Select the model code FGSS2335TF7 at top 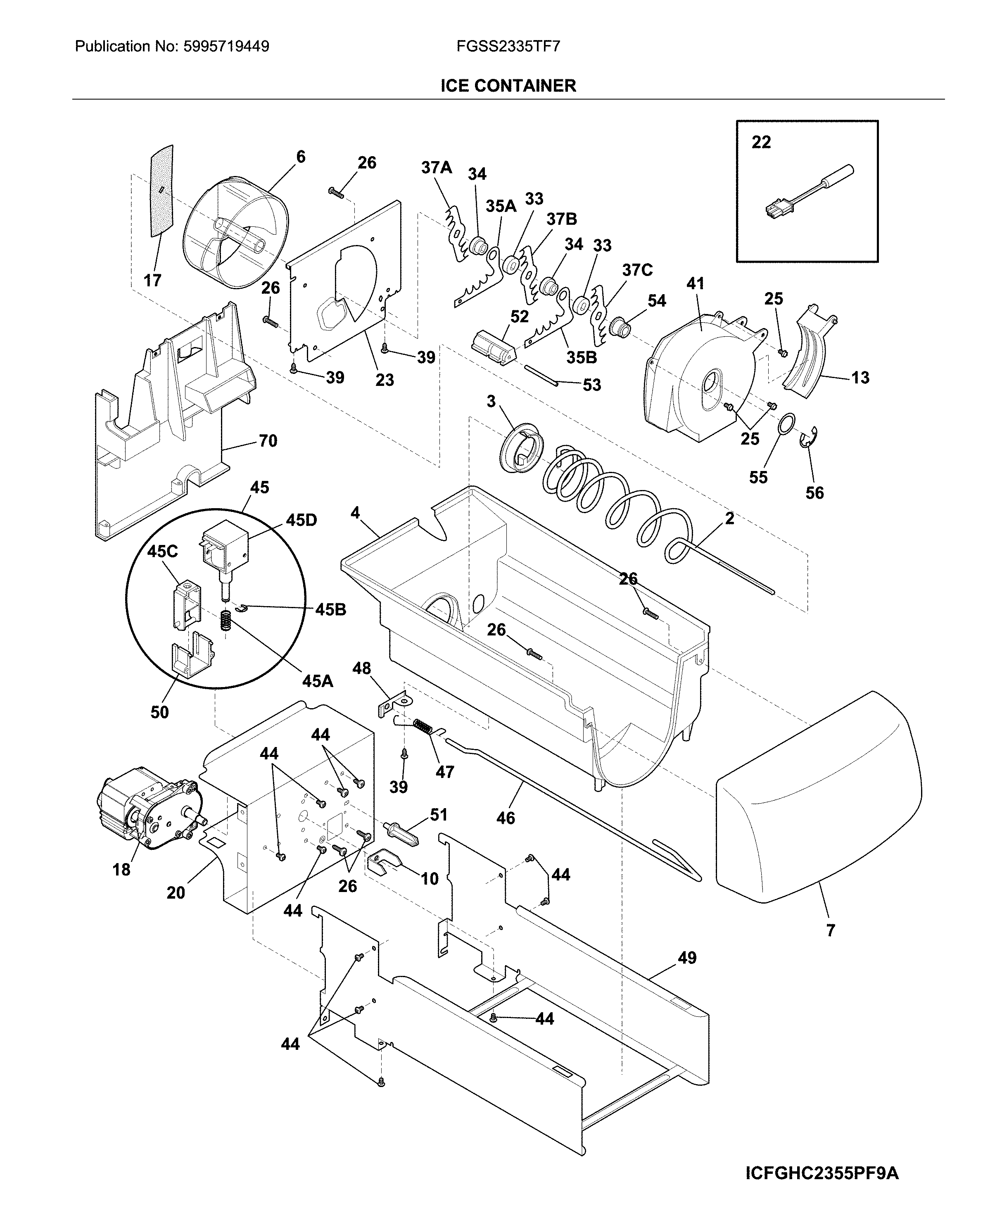click(508, 47)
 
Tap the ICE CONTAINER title click(508, 86)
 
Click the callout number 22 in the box click(761, 142)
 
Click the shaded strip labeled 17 click(160, 190)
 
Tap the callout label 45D click(301, 520)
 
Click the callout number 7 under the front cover click(830, 930)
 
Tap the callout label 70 click(268, 441)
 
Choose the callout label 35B click(581, 357)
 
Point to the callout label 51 click(439, 814)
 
